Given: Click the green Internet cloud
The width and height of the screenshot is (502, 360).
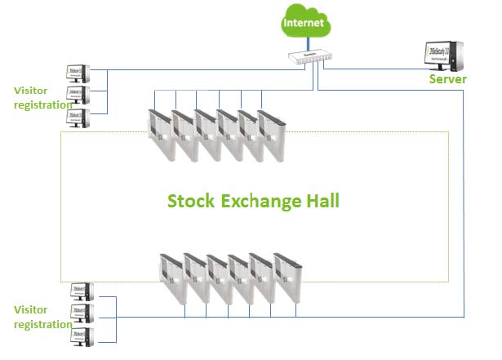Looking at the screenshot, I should tap(304, 23).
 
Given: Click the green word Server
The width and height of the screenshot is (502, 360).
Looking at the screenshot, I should tap(448, 79).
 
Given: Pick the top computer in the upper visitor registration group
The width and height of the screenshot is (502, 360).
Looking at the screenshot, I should tap(78, 75).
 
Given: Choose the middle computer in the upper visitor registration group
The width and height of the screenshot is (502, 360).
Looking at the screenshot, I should tap(78, 96).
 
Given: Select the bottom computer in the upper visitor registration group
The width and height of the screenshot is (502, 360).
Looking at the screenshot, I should tap(78, 118).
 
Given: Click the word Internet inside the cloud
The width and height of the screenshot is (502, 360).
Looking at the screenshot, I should tap(304, 24).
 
